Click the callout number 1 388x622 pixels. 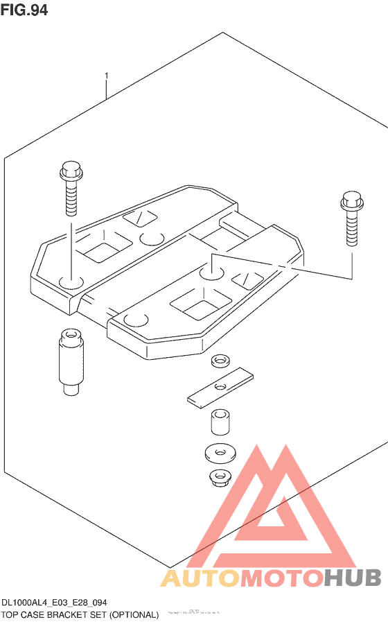[106, 75]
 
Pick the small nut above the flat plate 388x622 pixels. [221, 362]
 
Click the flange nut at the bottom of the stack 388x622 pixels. [221, 477]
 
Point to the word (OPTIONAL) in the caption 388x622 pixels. [134, 614]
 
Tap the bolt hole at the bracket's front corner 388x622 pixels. [136, 320]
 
